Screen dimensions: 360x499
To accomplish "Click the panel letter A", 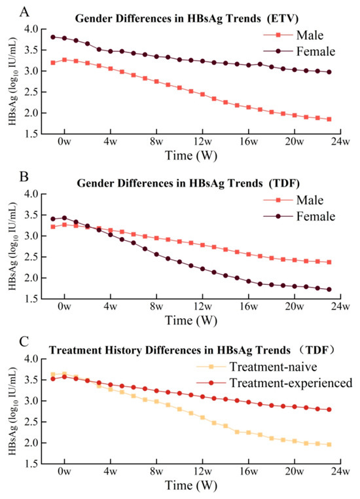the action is pos(24,12).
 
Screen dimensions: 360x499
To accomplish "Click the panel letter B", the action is pos(24,176).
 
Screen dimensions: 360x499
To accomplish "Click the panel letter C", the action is pos(24,342).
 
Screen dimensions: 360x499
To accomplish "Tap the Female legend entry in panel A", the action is pos(299,51).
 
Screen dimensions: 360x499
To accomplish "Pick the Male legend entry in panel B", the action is pos(293,200).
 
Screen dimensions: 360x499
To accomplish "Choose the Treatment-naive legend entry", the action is pos(257,367).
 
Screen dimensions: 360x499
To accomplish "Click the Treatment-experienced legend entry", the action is pos(274,383).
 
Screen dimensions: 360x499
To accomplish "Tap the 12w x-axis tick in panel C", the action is pos(202,471).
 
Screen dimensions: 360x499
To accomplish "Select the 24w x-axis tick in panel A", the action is pos(340,141).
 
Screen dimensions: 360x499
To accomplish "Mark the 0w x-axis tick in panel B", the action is pos(65,306).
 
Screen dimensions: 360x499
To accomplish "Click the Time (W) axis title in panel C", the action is pos(191,485).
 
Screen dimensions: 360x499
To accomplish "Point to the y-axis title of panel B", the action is pos(12,246).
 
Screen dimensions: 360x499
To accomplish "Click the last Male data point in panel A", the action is pos(329,119).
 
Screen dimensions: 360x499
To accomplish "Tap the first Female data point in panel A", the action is pos(53,37).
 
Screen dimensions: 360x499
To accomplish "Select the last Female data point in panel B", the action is pos(329,289).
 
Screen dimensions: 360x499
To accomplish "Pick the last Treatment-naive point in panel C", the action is pos(329,445).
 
